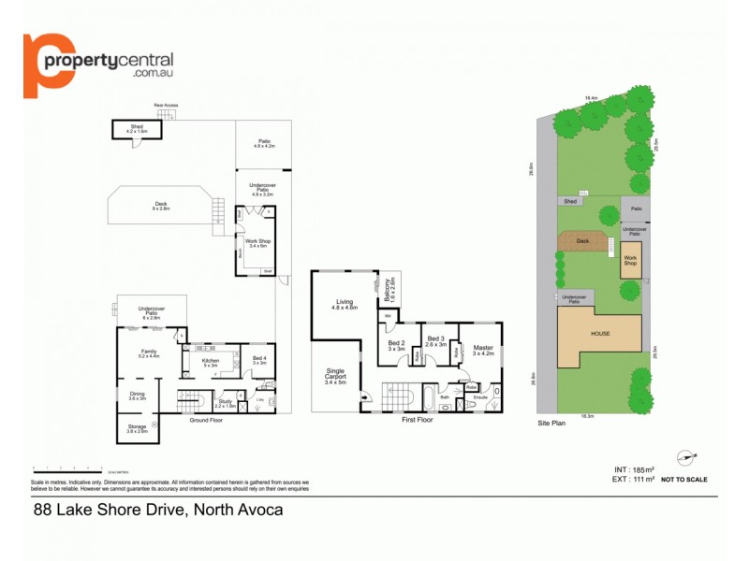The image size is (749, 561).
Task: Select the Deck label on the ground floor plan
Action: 161,206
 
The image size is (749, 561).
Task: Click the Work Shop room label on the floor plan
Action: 257,243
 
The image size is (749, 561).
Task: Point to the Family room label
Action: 149,353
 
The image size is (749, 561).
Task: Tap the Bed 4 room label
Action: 259,360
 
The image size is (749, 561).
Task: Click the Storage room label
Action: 137,428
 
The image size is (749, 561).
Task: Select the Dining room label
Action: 138,396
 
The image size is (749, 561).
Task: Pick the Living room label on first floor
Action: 345,304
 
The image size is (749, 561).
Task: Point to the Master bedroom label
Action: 482,351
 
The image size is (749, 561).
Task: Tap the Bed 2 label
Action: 396,344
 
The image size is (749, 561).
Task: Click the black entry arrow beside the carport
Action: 365,397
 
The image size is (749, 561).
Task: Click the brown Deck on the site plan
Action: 582,242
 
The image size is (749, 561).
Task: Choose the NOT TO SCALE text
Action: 683,480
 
